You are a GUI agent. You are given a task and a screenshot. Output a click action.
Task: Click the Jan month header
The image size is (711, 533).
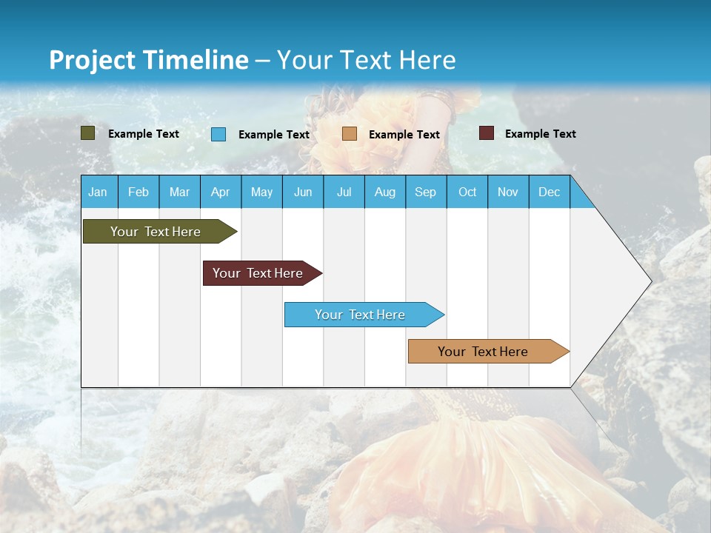(98, 192)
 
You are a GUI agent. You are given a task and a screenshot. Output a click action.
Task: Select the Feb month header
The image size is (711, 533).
(138, 192)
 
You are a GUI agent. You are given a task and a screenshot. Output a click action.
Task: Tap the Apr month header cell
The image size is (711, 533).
(220, 192)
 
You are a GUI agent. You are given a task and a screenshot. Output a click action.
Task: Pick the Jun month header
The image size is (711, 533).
(303, 192)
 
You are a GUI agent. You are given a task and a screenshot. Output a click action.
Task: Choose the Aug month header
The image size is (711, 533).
(385, 192)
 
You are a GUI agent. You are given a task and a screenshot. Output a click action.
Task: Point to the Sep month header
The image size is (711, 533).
(426, 192)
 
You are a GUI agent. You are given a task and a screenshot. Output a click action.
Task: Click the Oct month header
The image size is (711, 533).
(467, 192)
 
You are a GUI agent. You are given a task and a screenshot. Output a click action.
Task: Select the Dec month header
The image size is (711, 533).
(550, 192)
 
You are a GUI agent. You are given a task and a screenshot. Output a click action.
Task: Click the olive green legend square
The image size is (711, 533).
(88, 133)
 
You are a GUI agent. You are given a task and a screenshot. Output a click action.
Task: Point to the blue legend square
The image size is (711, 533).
(218, 134)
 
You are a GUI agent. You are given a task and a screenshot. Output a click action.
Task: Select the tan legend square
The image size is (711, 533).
(350, 134)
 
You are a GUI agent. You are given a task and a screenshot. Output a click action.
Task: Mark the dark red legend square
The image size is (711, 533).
(487, 133)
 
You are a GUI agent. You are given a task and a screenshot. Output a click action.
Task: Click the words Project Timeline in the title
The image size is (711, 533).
(148, 60)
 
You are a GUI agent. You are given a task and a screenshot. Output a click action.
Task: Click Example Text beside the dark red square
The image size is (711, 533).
(540, 134)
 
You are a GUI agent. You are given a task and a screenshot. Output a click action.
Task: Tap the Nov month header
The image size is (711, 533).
(508, 192)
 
